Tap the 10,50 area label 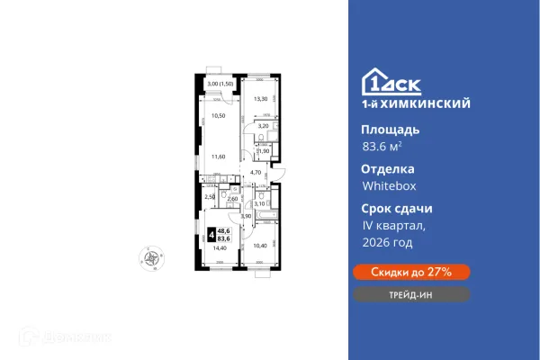(217, 116)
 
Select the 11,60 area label (217, 157)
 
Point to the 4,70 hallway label (255, 172)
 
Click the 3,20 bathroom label (263, 126)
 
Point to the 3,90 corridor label (245, 216)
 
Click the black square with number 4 (211, 235)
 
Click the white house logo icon (373, 81)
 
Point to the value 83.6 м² (382, 148)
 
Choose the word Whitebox (389, 187)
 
